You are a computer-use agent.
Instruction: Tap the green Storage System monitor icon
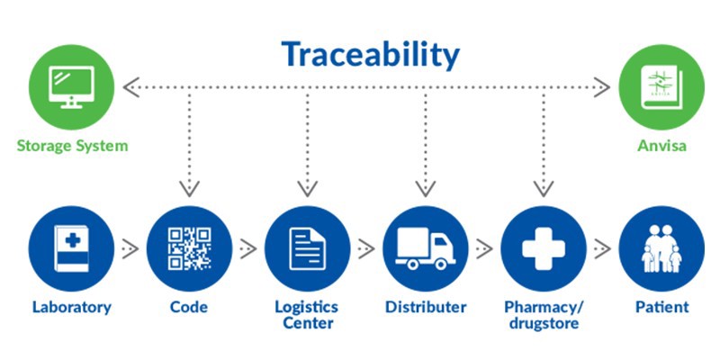[71, 87]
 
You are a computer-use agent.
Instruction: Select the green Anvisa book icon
[661, 87]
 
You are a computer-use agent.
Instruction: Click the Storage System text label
[72, 146]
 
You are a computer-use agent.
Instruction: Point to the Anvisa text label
[661, 146]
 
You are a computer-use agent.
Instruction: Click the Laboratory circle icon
[71, 248]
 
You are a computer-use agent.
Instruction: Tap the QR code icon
[189, 248]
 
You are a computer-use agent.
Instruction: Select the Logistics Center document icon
[307, 248]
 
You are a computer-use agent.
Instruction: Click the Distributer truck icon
[425, 248]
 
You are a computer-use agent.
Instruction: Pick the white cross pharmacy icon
[544, 248]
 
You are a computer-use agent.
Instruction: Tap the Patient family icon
[661, 248]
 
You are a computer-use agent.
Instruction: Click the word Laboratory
[72, 307]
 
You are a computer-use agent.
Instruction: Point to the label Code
[189, 307]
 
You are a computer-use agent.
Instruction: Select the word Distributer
[426, 307]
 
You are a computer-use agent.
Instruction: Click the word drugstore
[544, 323]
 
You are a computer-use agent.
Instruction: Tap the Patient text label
[662, 307]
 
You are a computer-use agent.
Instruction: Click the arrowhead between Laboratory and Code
[131, 248]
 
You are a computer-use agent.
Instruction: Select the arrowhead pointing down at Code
[189, 188]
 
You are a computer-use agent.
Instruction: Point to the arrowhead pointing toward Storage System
[131, 87]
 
